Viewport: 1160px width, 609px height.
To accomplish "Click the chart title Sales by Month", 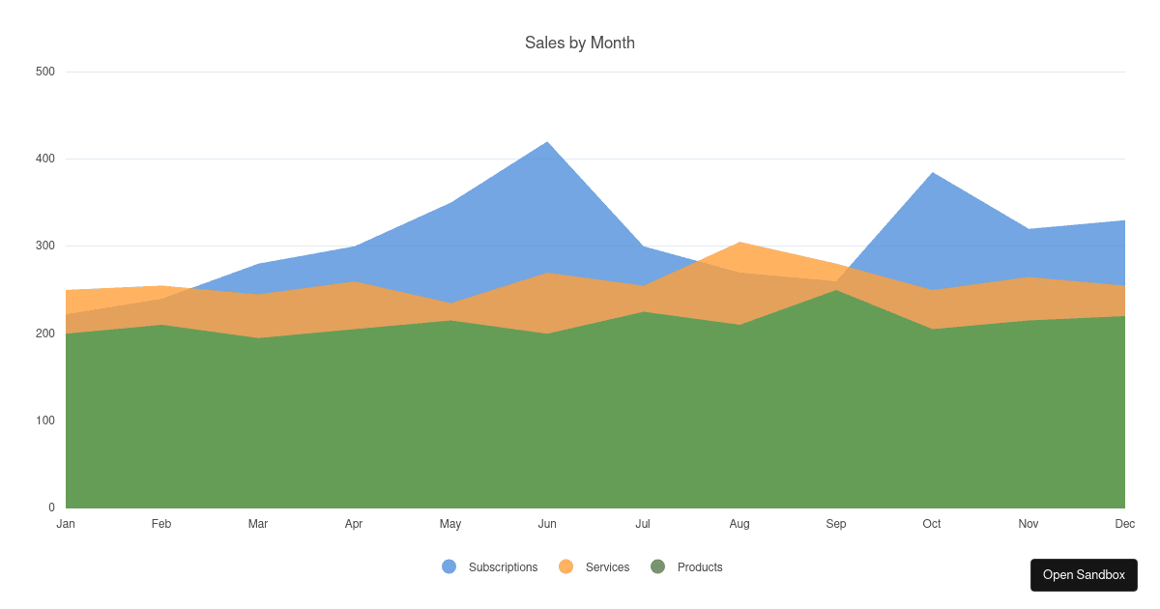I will coord(580,43).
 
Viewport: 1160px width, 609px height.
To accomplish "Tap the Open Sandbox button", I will coord(1084,575).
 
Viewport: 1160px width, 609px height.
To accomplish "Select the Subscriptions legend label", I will coord(503,567).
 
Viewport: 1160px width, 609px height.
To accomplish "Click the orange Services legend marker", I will coord(566,567).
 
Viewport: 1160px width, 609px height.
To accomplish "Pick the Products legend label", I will coord(700,567).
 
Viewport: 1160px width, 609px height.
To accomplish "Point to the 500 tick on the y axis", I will coord(45,72).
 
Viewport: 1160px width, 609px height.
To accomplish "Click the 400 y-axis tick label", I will coord(45,159).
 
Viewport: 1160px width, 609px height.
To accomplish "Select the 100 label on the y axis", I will coord(45,420).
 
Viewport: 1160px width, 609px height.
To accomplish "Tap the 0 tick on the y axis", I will coord(51,507).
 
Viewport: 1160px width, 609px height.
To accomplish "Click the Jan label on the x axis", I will coord(66,524).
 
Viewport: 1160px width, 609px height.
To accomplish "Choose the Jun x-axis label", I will coord(547,524).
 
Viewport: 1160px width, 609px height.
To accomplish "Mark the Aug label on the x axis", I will coord(739,524).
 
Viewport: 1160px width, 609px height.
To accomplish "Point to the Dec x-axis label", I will coord(1124,524).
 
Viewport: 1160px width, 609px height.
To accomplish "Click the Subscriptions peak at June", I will coord(548,143).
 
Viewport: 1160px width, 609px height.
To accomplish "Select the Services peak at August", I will coord(739,243).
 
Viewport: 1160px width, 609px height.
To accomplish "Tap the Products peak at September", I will coord(836,291).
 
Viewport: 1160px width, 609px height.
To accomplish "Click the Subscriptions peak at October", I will coord(932,173).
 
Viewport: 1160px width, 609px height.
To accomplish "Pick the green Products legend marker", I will coord(658,567).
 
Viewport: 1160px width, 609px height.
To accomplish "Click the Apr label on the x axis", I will coord(354,524).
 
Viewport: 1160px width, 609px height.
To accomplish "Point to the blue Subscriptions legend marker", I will coord(449,567).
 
